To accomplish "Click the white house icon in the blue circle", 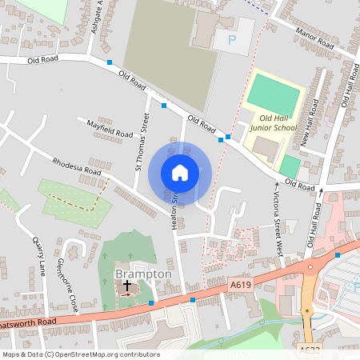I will tap(180, 172).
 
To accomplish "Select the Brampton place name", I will tap(143, 274).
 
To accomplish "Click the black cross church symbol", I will tap(126, 285).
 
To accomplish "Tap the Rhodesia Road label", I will tap(77, 166).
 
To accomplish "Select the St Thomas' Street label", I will tap(143, 143).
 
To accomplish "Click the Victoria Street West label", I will tap(277, 223).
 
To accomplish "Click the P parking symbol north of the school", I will tap(233, 38).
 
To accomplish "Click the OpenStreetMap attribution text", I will tap(80, 354).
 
